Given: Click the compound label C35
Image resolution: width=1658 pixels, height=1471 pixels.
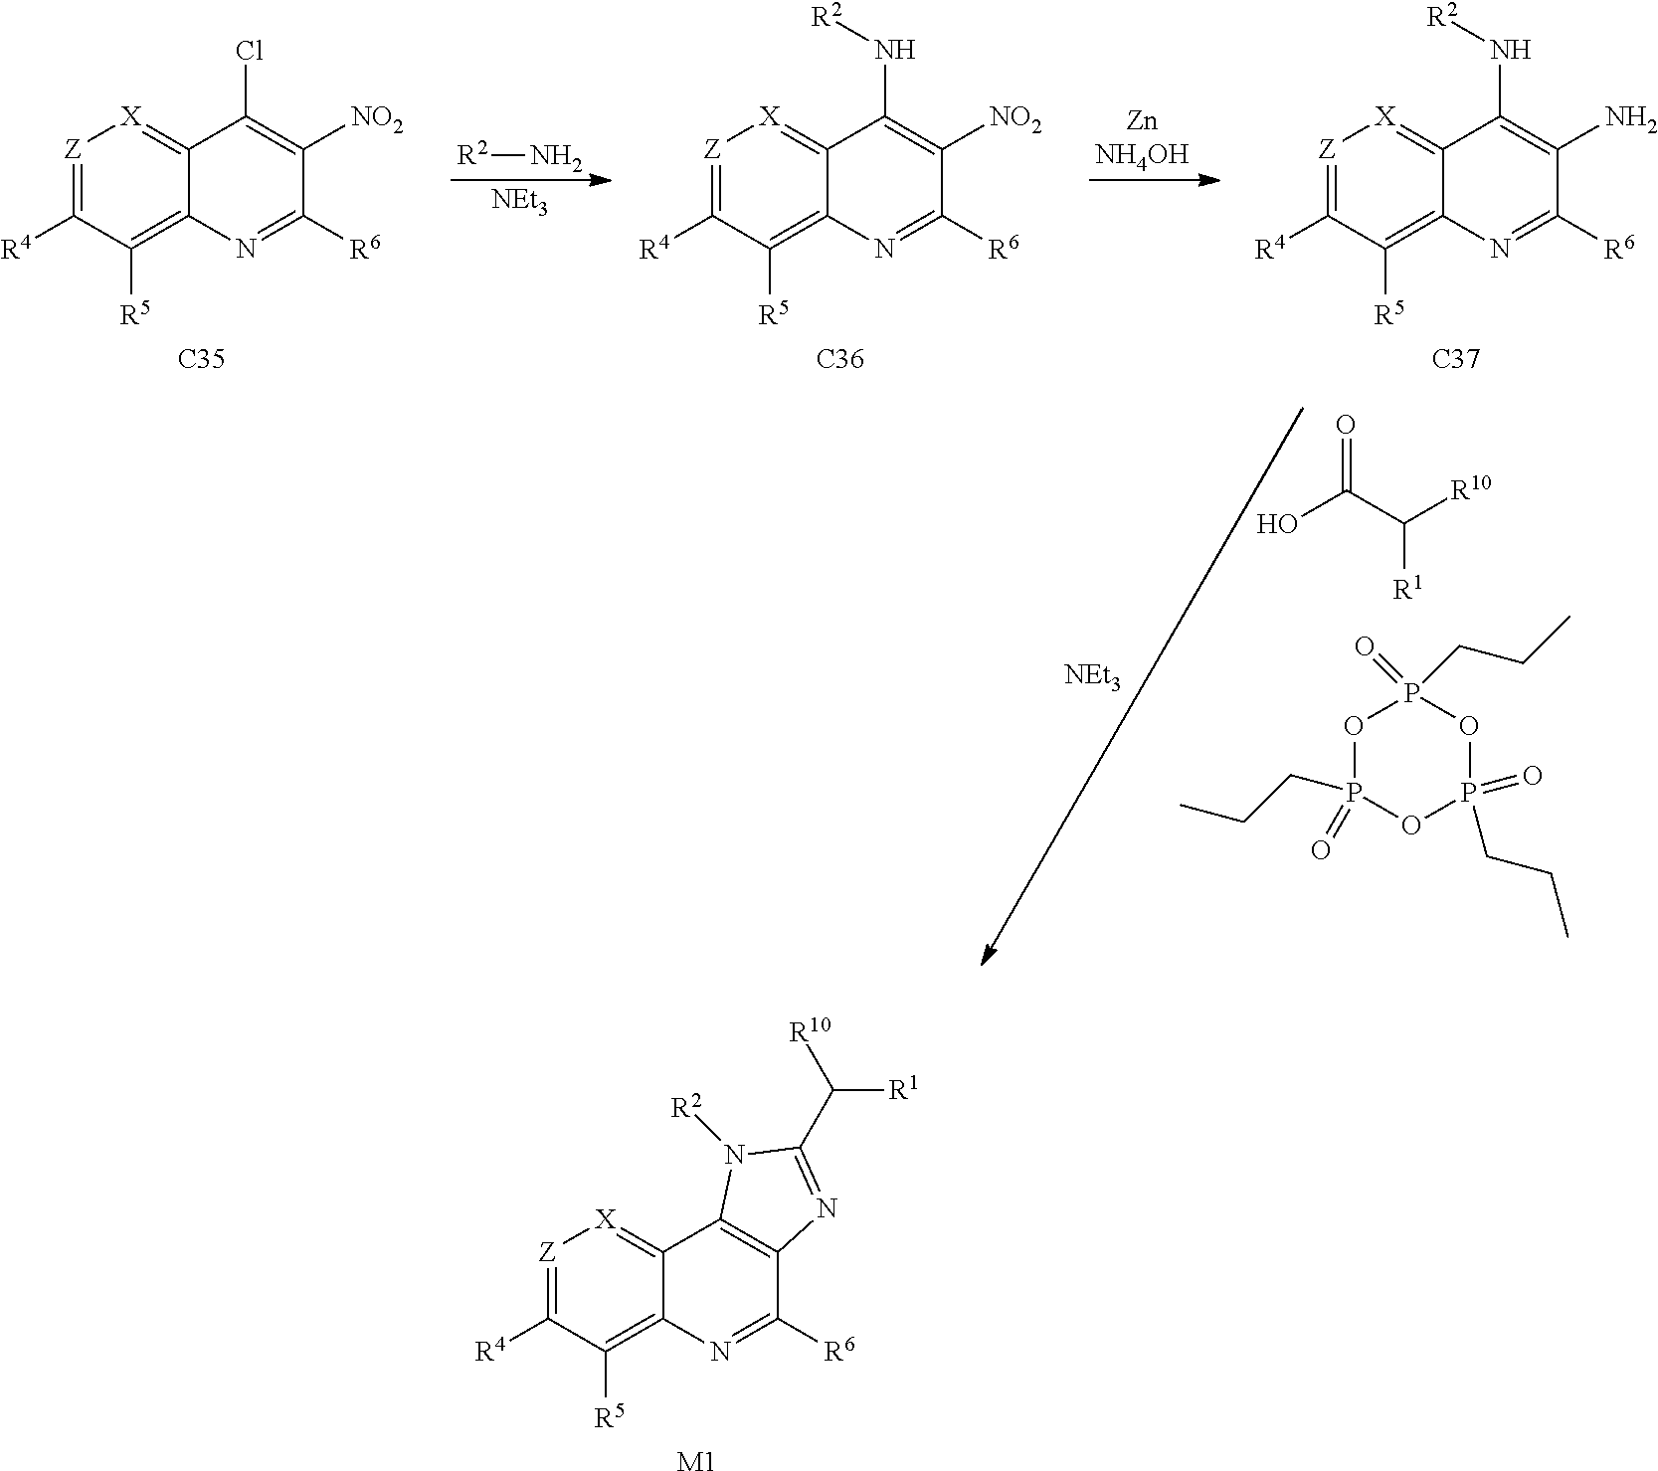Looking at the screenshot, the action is pos(201,359).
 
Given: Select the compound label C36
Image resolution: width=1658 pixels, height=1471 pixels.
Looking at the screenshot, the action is pos(839,359).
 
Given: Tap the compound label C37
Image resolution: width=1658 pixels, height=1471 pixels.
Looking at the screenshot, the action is pos(1455,359).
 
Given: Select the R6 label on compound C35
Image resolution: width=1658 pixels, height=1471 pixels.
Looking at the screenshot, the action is pos(363,249).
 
